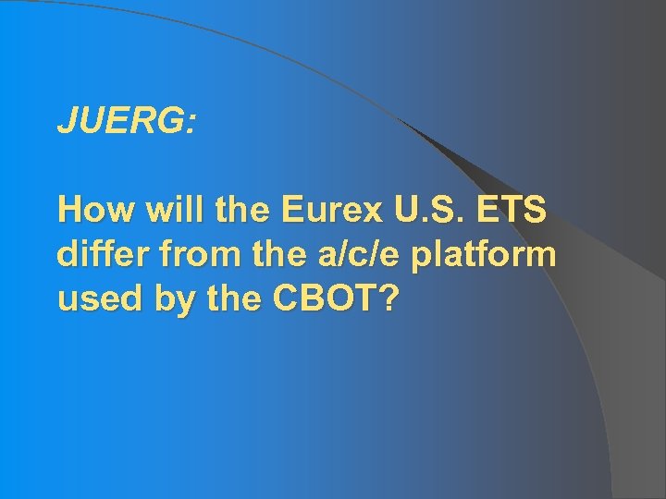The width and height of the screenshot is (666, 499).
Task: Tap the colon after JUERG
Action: point(191,124)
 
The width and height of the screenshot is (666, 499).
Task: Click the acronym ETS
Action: point(512,211)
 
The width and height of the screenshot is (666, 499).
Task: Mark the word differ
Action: point(98,254)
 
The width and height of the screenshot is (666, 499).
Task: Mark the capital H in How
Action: point(70,211)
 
